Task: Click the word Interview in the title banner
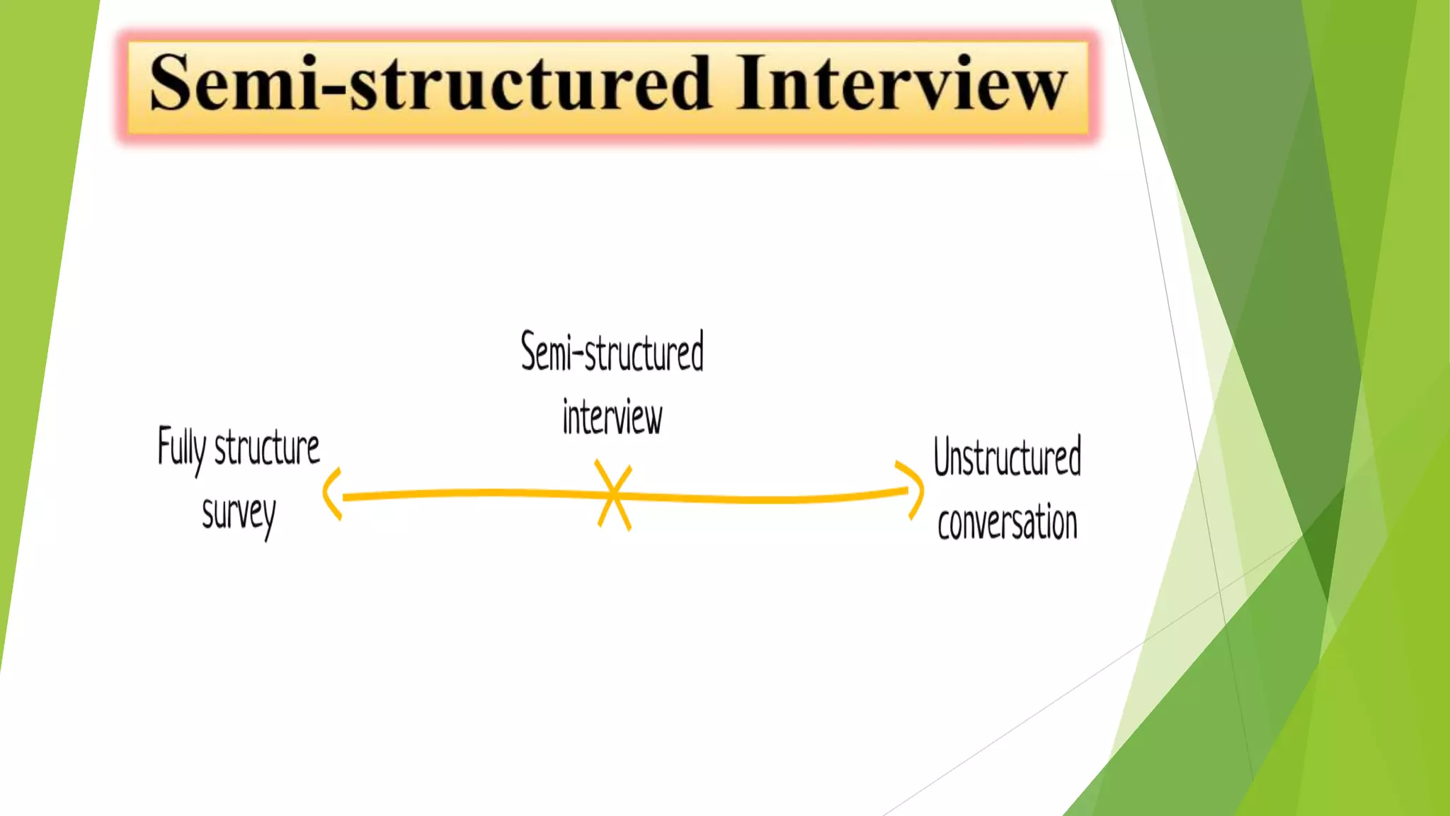(901, 84)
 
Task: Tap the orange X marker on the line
(613, 495)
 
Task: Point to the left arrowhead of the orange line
(331, 494)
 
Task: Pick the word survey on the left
(239, 514)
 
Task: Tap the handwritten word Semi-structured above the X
(612, 352)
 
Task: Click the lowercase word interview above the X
(612, 417)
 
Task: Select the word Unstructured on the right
(1007, 457)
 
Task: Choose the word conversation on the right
(1007, 523)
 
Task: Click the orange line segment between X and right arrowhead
(765, 499)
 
